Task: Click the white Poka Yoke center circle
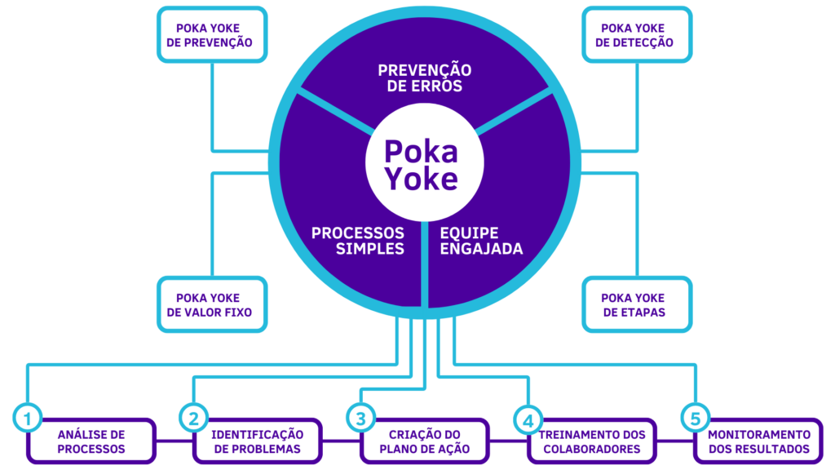point(421,164)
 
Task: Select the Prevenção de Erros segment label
point(424,78)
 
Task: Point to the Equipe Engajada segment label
point(481,241)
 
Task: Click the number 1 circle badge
point(27,419)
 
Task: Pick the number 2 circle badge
point(193,419)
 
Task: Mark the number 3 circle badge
point(360,419)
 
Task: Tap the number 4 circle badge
point(528,419)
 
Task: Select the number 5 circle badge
point(694,419)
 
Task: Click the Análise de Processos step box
point(91,441)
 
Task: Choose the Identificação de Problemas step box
point(257,441)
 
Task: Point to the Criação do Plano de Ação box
point(424,441)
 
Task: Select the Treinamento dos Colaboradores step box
point(592,441)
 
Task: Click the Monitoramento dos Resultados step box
point(759,441)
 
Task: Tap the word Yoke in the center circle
point(421,180)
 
